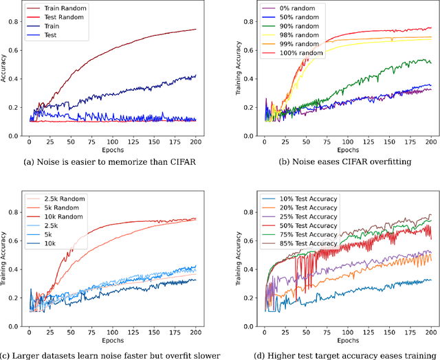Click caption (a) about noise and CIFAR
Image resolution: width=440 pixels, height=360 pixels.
pos(111,162)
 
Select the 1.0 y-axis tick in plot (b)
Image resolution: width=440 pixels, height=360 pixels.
pos(252,3)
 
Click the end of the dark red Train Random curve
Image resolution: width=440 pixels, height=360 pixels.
pos(196,30)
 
